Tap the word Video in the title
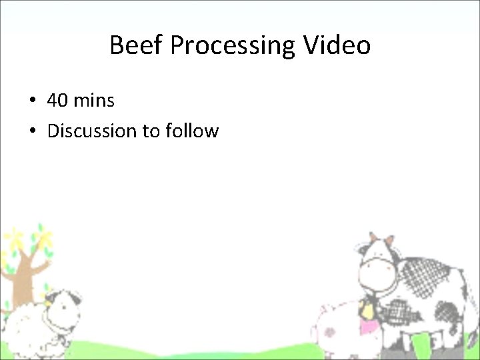tap(337, 45)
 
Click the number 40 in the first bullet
tap(57, 101)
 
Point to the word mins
tap(94, 101)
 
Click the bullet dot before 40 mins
tap(32, 101)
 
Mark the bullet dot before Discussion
tap(32, 131)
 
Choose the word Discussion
tap(92, 131)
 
